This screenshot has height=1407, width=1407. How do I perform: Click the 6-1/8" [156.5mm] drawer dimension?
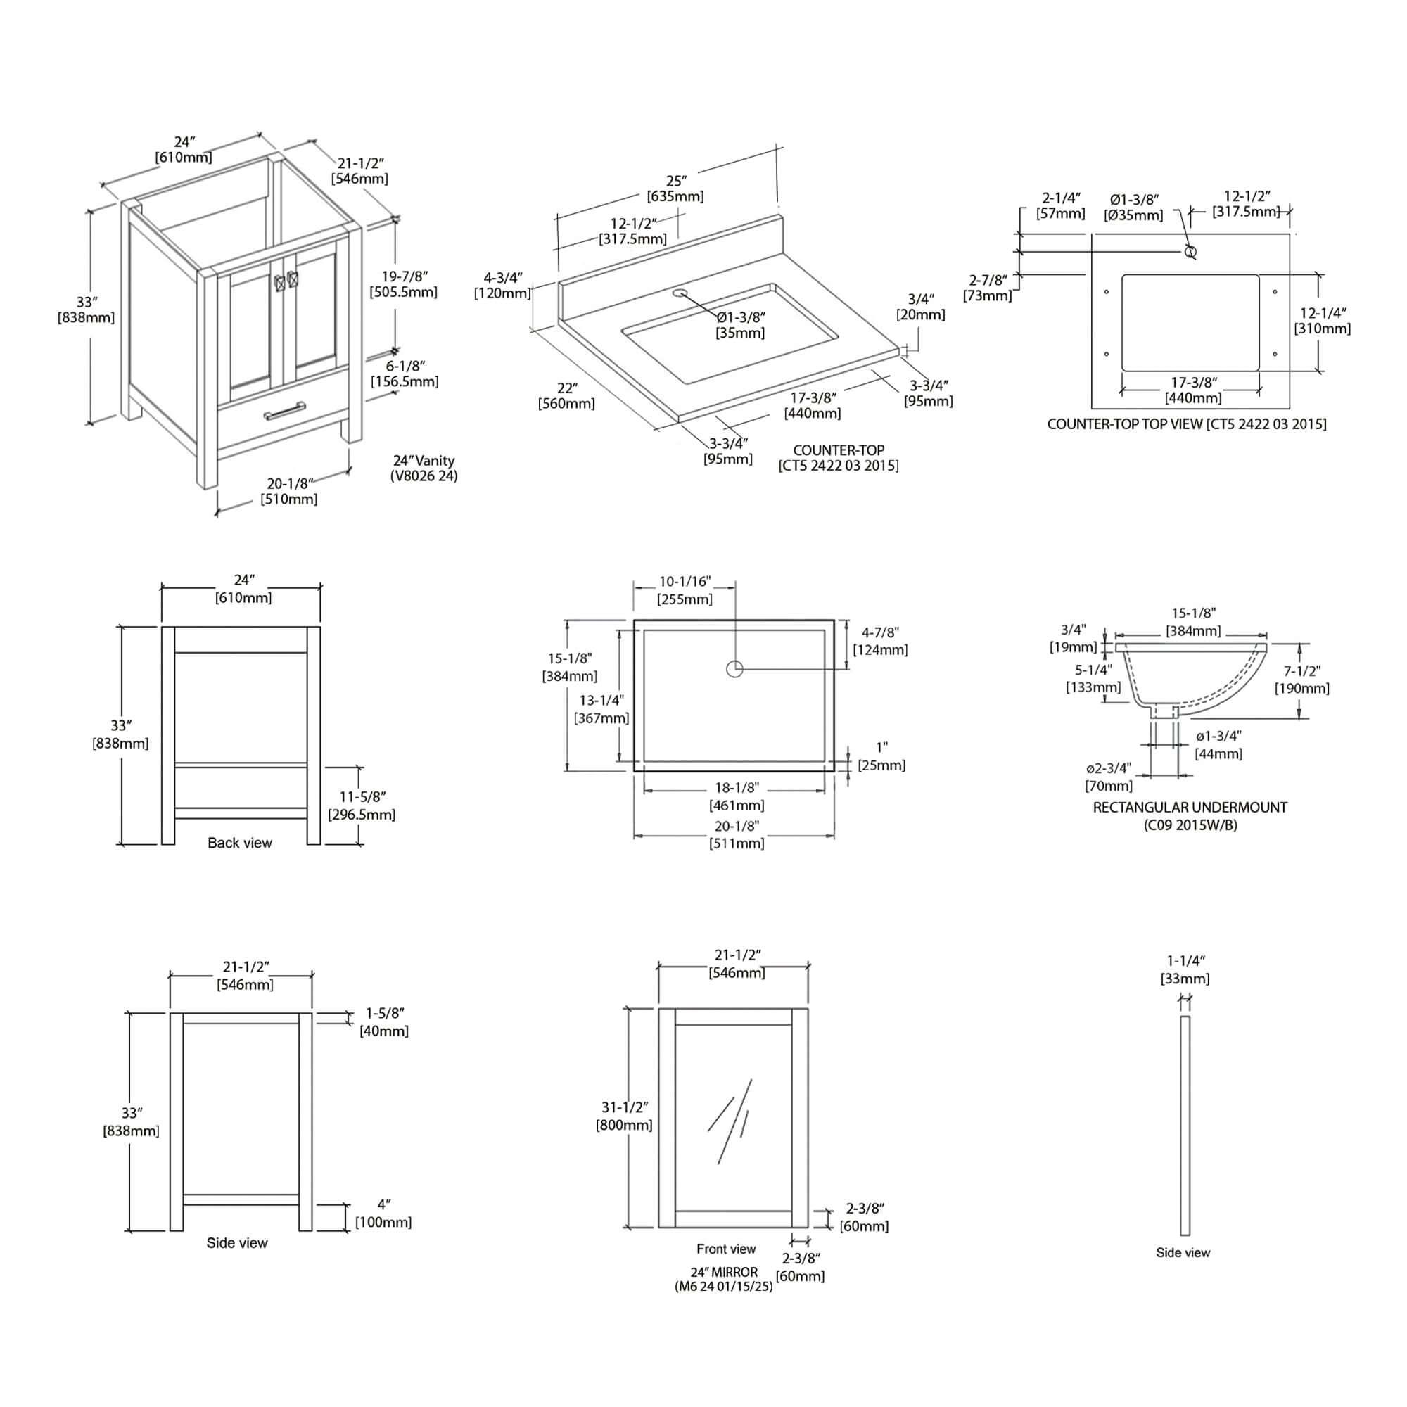pyautogui.click(x=405, y=374)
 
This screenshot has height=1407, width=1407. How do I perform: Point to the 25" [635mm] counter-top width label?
pyautogui.click(x=675, y=188)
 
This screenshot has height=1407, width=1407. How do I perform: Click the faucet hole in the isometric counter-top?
pyautogui.click(x=681, y=293)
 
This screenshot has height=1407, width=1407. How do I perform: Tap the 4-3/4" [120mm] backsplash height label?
pyautogui.click(x=502, y=286)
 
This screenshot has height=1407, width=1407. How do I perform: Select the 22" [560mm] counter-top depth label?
pyautogui.click(x=566, y=395)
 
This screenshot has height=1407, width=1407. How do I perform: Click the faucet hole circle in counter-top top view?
pyautogui.click(x=1191, y=252)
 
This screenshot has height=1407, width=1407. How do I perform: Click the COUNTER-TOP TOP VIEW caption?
pyautogui.click(x=1186, y=424)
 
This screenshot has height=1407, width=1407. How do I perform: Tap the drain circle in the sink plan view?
pyautogui.click(x=734, y=668)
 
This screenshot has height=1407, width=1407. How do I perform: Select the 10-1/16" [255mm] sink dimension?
pyautogui.click(x=685, y=591)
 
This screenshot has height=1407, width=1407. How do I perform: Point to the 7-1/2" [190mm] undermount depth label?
pyautogui.click(x=1301, y=680)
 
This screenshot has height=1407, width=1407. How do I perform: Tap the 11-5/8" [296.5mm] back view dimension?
pyautogui.click(x=362, y=806)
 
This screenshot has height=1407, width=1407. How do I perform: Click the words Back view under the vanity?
pyautogui.click(x=240, y=843)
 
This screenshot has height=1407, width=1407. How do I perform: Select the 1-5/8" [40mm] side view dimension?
pyautogui.click(x=384, y=1021)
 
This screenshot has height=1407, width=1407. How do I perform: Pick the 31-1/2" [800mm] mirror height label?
pyautogui.click(x=624, y=1116)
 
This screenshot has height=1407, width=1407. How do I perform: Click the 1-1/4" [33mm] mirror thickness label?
pyautogui.click(x=1185, y=969)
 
